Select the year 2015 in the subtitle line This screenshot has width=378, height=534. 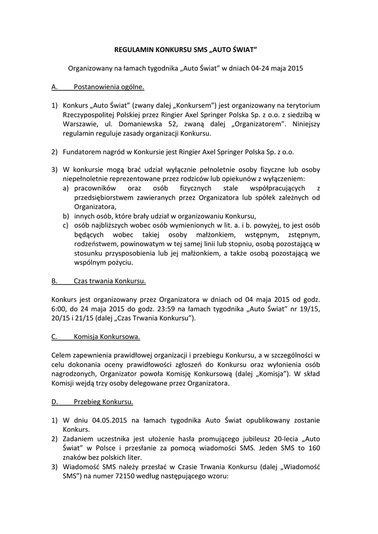pyautogui.click(x=294, y=68)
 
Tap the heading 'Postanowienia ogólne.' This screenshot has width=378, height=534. pyautogui.click(x=109, y=87)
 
